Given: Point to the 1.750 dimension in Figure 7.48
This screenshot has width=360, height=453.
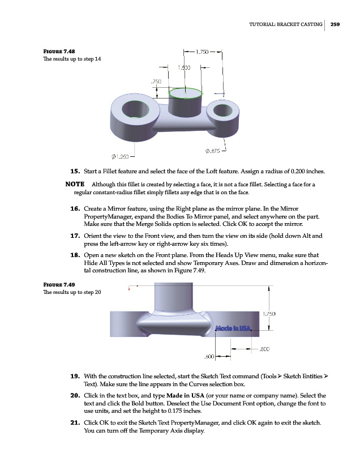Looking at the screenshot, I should coord(203,54).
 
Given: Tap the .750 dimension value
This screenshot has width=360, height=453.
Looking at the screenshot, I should coord(157,82).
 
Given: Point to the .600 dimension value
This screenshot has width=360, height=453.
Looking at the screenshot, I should coord(209,357).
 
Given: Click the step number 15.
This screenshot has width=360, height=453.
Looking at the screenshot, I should coord(74,170).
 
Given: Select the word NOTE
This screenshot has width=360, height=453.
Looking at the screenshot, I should coord(75,185).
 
